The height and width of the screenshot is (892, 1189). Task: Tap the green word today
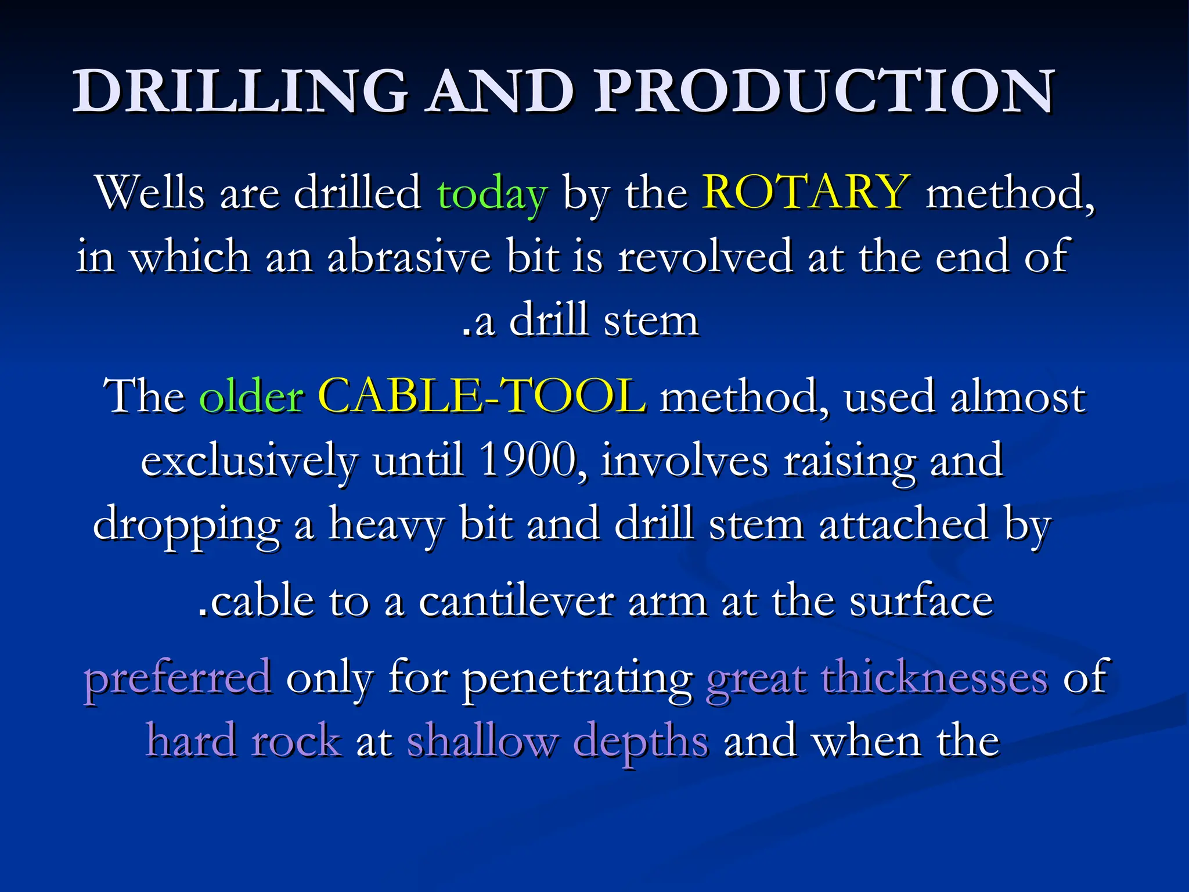click(491, 193)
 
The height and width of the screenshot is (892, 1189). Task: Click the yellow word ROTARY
click(805, 192)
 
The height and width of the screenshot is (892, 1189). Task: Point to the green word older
click(251, 397)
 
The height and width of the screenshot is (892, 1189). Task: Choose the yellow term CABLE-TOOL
click(482, 397)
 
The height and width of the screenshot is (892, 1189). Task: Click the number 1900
click(528, 460)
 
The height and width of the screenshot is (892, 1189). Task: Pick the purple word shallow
click(482, 741)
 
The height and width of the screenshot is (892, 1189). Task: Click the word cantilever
click(516, 601)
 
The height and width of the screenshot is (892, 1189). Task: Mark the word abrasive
click(409, 257)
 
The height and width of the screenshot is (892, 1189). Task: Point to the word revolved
click(704, 257)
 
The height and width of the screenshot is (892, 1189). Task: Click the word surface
click(921, 601)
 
